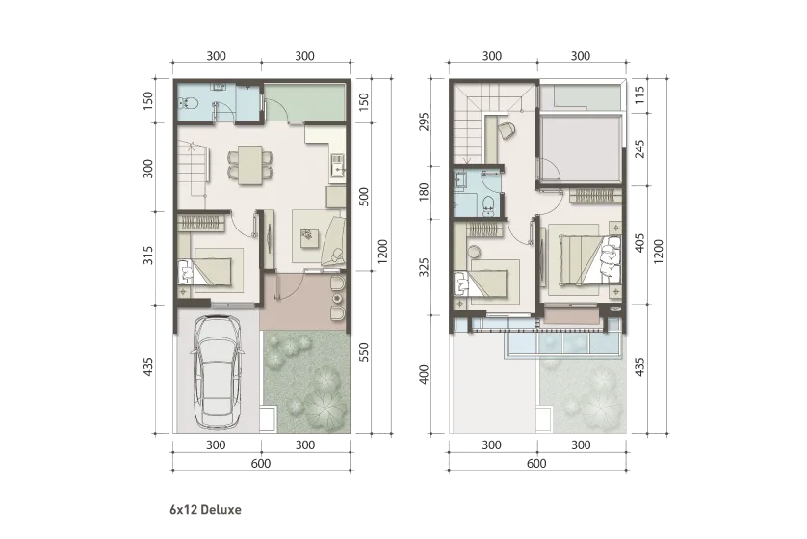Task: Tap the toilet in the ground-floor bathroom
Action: [x=190, y=101]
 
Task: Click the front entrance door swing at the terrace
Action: [x=289, y=285]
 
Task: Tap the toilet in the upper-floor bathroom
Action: [x=490, y=202]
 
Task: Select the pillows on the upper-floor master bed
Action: [x=611, y=257]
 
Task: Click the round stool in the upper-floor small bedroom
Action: [x=477, y=252]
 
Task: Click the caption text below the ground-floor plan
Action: [x=208, y=507]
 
